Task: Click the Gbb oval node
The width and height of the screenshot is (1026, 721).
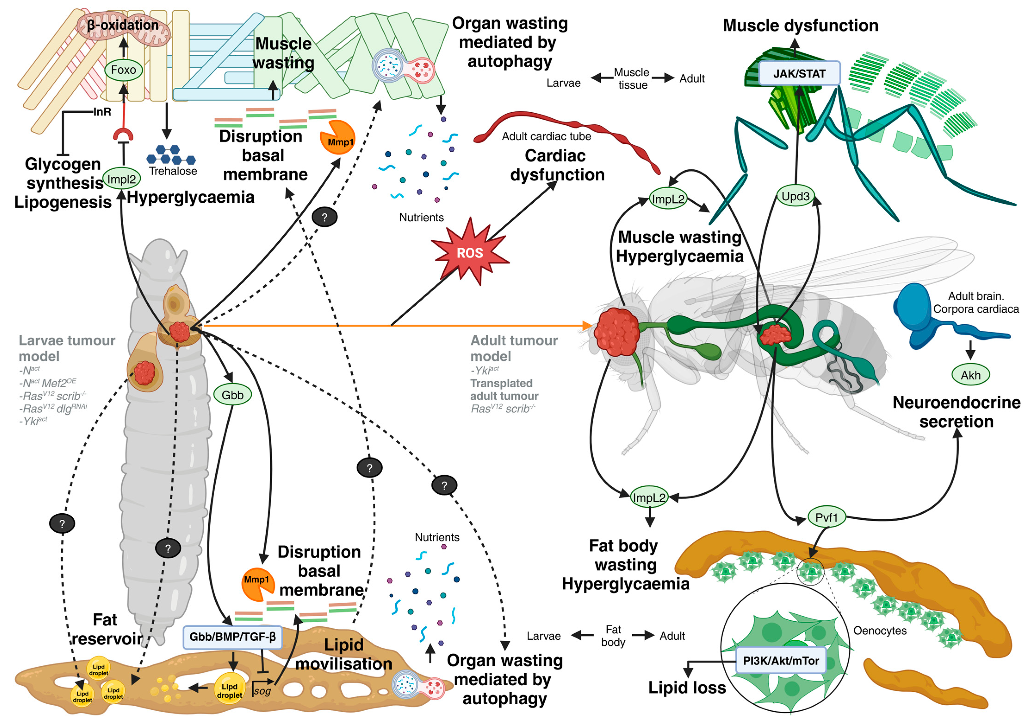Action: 232,395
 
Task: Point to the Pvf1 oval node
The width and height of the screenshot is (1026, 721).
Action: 826,517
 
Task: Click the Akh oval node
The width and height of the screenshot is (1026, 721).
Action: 970,375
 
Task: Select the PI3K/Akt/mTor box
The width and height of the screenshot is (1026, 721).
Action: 781,660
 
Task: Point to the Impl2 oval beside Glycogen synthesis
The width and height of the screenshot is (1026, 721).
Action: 122,179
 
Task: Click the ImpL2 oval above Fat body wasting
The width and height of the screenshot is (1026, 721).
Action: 649,497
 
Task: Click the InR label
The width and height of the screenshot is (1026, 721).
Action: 102,112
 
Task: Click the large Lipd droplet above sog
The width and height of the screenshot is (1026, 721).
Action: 230,690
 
